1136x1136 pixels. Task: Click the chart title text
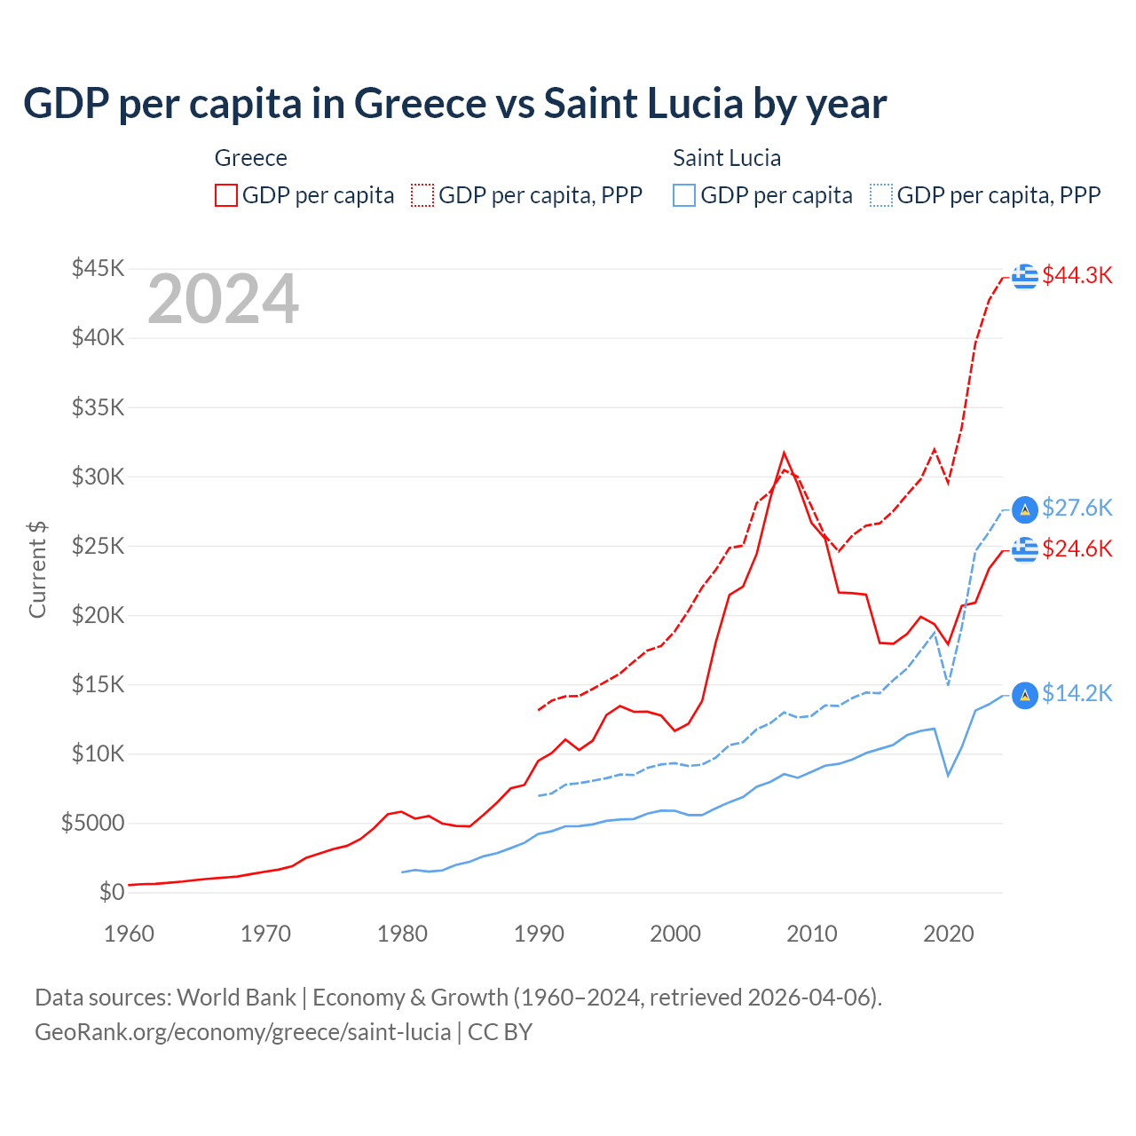[x=454, y=104]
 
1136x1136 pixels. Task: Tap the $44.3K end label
[x=1077, y=275]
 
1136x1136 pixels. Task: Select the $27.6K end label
[x=1077, y=508]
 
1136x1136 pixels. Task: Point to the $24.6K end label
[x=1077, y=548]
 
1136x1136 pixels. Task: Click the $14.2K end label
[x=1077, y=693]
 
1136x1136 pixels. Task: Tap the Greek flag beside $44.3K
[x=1025, y=276]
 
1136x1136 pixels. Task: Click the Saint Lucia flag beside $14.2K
[x=1025, y=695]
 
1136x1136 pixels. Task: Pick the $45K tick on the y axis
[x=99, y=268]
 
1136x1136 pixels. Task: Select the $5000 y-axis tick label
[x=92, y=823]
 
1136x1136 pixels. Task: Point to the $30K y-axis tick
[x=99, y=477]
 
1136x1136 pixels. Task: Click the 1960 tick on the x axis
[x=130, y=934]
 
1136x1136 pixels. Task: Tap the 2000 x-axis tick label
[x=675, y=934]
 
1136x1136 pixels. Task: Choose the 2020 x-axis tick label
[x=949, y=934]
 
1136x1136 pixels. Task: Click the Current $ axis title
[x=37, y=569]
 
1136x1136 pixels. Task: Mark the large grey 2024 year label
[x=223, y=300]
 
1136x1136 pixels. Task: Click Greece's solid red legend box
[x=226, y=195]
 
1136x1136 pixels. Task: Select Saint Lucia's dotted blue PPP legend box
[x=881, y=195]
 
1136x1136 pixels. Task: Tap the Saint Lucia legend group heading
[x=727, y=158]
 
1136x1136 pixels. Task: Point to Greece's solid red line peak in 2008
[x=784, y=453]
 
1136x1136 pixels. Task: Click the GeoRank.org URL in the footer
[x=242, y=1032]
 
